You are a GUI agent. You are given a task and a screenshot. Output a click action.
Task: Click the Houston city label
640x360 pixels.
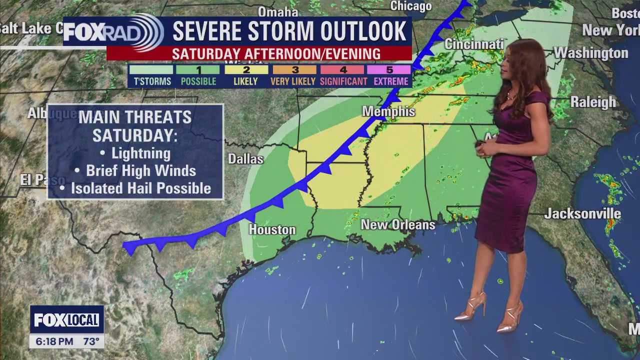pyautogui.click(x=272, y=230)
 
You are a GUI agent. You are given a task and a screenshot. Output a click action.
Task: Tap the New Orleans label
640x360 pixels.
pyautogui.click(x=398, y=225)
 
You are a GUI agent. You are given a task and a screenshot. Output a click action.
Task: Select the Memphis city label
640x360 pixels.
pyautogui.click(x=388, y=111)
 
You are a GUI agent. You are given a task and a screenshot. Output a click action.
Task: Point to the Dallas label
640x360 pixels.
pyautogui.click(x=245, y=159)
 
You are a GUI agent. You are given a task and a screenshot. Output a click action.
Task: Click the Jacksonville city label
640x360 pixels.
pyautogui.click(x=582, y=214)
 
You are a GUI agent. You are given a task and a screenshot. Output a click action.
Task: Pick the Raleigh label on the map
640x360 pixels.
pyautogui.click(x=593, y=102)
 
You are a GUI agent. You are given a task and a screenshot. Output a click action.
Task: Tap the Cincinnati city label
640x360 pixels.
pyautogui.click(x=473, y=44)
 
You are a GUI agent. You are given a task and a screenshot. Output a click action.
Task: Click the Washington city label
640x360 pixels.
pyautogui.click(x=590, y=53)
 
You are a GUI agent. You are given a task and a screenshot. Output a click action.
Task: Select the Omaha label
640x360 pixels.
pyautogui.click(x=277, y=11)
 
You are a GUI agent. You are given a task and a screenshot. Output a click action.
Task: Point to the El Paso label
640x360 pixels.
pyautogui.click(x=42, y=180)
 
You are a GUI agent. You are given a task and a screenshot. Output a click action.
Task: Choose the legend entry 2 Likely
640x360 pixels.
pyautogui.click(x=246, y=75)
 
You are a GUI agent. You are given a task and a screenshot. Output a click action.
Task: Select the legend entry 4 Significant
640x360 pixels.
pyautogui.click(x=343, y=75)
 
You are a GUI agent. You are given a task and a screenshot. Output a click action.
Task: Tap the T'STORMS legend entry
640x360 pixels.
pyautogui.click(x=152, y=75)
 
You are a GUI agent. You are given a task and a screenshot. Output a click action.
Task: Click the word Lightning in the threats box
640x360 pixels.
pyautogui.click(x=141, y=153)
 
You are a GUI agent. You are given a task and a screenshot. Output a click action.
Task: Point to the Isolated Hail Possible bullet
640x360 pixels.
pyautogui.click(x=140, y=188)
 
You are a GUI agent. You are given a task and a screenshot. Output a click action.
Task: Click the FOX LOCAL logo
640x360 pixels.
pyautogui.click(x=67, y=320)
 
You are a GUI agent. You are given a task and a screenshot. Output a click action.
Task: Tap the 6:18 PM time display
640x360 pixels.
pyautogui.click(x=54, y=342)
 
